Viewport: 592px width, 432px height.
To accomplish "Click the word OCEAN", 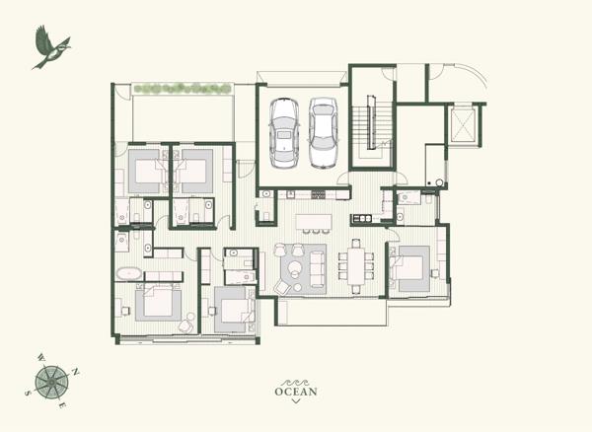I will click(296, 392).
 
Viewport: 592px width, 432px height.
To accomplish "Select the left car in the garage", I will click(285, 133).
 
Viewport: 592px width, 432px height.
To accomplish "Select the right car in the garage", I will click(324, 132).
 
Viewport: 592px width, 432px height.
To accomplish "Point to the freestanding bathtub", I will click(129, 271).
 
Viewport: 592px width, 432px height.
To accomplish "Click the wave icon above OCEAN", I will click(296, 380).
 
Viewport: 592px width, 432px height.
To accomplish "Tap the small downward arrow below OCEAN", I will click(296, 403).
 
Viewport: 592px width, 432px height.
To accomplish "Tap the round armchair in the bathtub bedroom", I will click(186, 324).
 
